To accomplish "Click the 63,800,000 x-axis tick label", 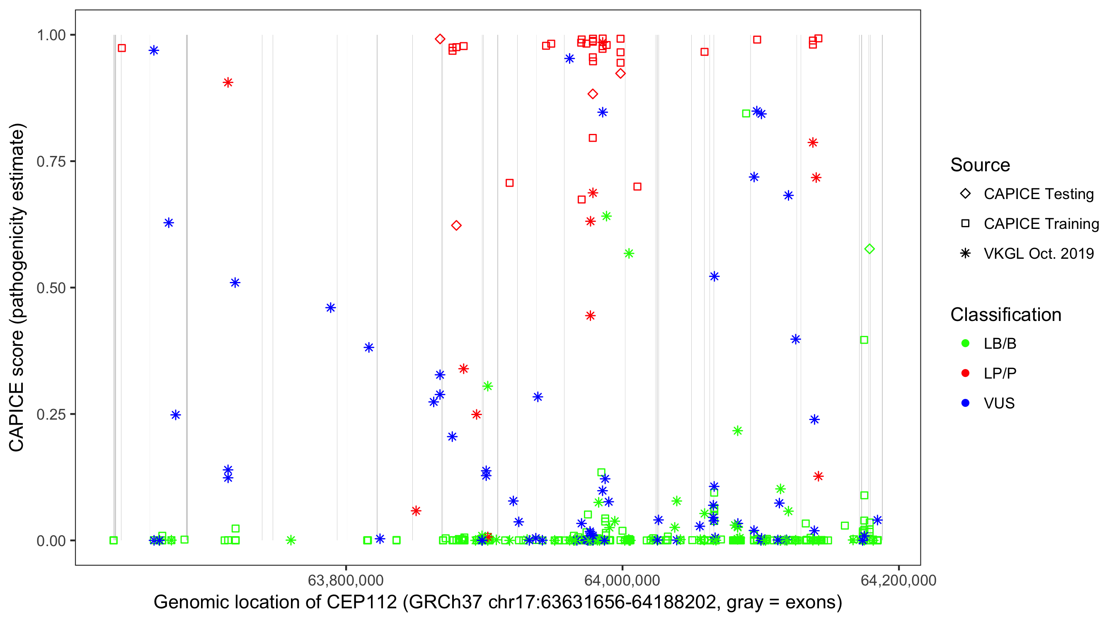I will click(x=346, y=580).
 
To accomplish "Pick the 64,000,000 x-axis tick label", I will click(x=622, y=580).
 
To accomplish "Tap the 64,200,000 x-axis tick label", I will click(x=899, y=580).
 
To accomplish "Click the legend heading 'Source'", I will click(x=980, y=165).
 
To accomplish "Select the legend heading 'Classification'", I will click(x=1005, y=315).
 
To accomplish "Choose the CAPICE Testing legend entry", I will click(x=1039, y=194).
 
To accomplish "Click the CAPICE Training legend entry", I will click(x=1041, y=224).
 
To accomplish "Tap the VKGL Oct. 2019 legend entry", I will click(x=1039, y=254).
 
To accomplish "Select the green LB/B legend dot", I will click(x=966, y=343).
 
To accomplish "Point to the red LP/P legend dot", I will click(x=966, y=373).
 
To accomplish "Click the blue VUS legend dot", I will click(x=966, y=403).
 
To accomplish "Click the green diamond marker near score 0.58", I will click(x=869, y=249).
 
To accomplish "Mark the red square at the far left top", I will click(x=122, y=48).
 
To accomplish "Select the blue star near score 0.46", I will click(x=331, y=308).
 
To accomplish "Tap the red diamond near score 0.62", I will click(x=456, y=226).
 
